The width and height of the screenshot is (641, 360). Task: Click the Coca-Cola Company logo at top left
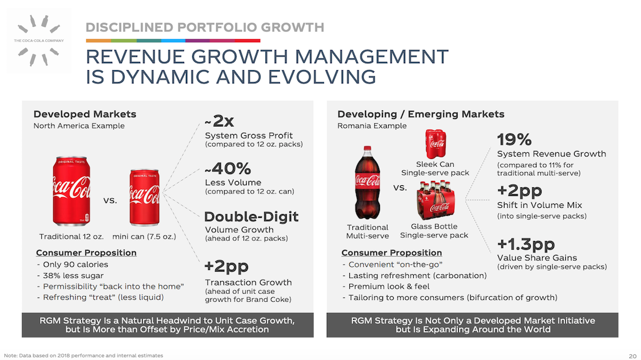[x=39, y=41]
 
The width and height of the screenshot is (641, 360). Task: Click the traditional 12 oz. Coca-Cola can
[x=71, y=190]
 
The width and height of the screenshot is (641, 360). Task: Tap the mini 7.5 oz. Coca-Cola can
[x=145, y=197]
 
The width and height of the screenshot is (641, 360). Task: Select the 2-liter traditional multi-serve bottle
[x=367, y=182]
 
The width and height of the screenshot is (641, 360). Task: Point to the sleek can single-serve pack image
[x=436, y=144]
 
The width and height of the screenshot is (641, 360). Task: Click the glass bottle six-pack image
[x=436, y=200]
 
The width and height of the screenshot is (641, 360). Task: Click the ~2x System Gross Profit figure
[x=219, y=121]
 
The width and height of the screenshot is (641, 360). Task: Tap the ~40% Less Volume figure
[x=228, y=168]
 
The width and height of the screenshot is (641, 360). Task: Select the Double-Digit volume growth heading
[x=252, y=217]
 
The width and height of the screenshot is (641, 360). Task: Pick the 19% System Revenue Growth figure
[x=515, y=140]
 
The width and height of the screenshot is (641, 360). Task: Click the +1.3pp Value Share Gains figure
[x=526, y=244]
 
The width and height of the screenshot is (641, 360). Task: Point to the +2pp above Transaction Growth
[x=226, y=266]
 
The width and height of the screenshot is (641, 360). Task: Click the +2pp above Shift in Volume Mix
[x=519, y=190]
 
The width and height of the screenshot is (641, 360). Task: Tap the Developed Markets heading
[x=85, y=114]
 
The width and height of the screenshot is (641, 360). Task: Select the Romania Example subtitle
[x=372, y=126]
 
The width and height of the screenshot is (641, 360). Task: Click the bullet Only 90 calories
[x=73, y=264]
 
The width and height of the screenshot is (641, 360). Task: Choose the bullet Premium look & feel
[x=386, y=286]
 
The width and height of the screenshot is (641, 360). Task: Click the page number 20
[x=632, y=356]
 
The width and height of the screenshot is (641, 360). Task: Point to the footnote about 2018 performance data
[x=83, y=356]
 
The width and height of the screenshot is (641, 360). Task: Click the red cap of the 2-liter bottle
[x=367, y=148]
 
